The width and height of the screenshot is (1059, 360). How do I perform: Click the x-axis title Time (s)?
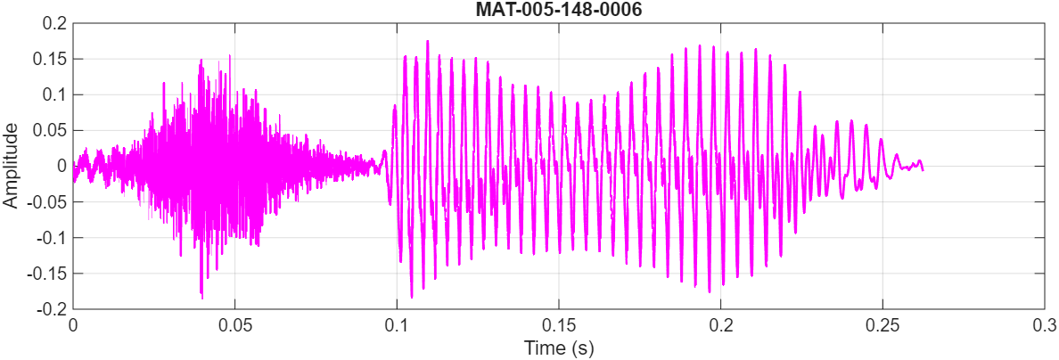559,347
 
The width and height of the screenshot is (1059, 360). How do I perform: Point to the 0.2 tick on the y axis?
54,23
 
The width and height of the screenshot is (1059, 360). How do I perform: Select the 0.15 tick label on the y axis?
50,59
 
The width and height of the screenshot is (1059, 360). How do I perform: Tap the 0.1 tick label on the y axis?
54,94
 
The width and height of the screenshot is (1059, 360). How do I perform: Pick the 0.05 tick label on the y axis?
50,130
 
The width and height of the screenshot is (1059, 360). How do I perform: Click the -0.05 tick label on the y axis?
47,201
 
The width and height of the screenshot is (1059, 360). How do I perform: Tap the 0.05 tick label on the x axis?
235,325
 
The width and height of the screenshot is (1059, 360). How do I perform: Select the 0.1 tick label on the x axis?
397,325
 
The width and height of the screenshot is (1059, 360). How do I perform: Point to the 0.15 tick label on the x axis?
559,325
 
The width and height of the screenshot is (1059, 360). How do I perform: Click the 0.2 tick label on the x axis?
721,325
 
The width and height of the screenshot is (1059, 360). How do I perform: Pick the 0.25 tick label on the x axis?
883,325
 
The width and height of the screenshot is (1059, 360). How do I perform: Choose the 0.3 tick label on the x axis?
1045,325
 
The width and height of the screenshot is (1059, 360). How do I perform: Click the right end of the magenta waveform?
922,169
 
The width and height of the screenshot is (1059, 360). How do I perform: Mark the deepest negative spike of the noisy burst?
201,298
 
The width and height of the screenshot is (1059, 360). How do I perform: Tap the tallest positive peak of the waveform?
428,41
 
